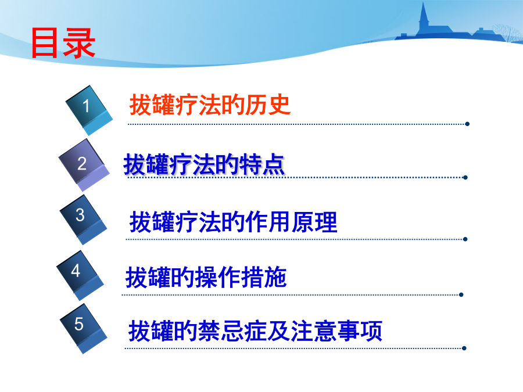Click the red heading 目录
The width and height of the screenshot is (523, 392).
[63, 43]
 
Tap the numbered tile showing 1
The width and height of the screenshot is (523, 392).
[89, 110]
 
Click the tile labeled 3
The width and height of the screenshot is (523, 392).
[83, 220]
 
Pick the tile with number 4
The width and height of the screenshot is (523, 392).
[80, 275]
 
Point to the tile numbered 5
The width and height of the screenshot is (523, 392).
[83, 329]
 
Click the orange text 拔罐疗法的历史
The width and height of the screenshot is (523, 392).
[210, 105]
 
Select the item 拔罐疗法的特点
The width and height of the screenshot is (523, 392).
[204, 164]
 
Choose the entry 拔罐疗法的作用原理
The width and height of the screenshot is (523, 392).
[233, 222]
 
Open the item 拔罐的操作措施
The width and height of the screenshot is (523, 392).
[206, 277]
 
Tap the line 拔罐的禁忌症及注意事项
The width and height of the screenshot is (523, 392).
[255, 330]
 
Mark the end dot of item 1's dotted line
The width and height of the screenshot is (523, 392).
[467, 124]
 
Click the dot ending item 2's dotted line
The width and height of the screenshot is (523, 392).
[465, 177]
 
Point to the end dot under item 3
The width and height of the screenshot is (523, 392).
[465, 239]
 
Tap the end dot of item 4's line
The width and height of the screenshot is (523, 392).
[461, 294]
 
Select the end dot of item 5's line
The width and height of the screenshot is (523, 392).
[464, 348]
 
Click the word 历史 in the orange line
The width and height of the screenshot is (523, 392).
[268, 105]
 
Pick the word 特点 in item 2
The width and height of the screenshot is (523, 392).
[262, 164]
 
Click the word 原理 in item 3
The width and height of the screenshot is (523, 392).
[314, 222]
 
